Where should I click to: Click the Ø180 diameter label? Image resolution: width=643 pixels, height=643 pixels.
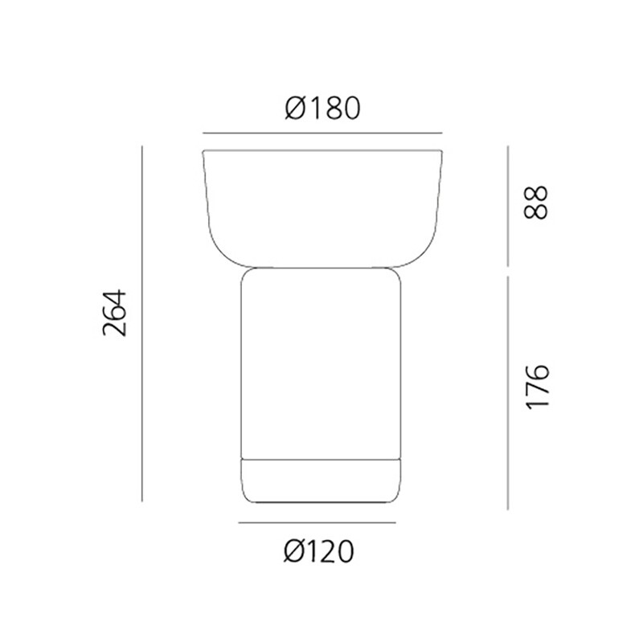click(323, 109)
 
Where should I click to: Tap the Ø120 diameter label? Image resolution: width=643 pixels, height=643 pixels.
click(318, 551)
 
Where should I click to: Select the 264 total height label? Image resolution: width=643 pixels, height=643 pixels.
click(115, 313)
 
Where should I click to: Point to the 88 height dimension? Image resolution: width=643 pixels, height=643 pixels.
click(536, 203)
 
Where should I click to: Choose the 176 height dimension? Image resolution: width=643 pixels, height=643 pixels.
click(537, 387)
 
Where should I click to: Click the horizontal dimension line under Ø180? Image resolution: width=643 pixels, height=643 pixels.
click(322, 133)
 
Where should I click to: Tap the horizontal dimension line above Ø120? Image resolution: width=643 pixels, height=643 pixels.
click(317, 522)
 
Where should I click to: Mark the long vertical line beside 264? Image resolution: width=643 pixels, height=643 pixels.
click(142, 324)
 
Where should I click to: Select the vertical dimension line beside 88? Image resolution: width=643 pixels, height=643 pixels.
click(508, 206)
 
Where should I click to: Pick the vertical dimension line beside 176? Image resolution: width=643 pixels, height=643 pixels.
click(508, 393)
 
